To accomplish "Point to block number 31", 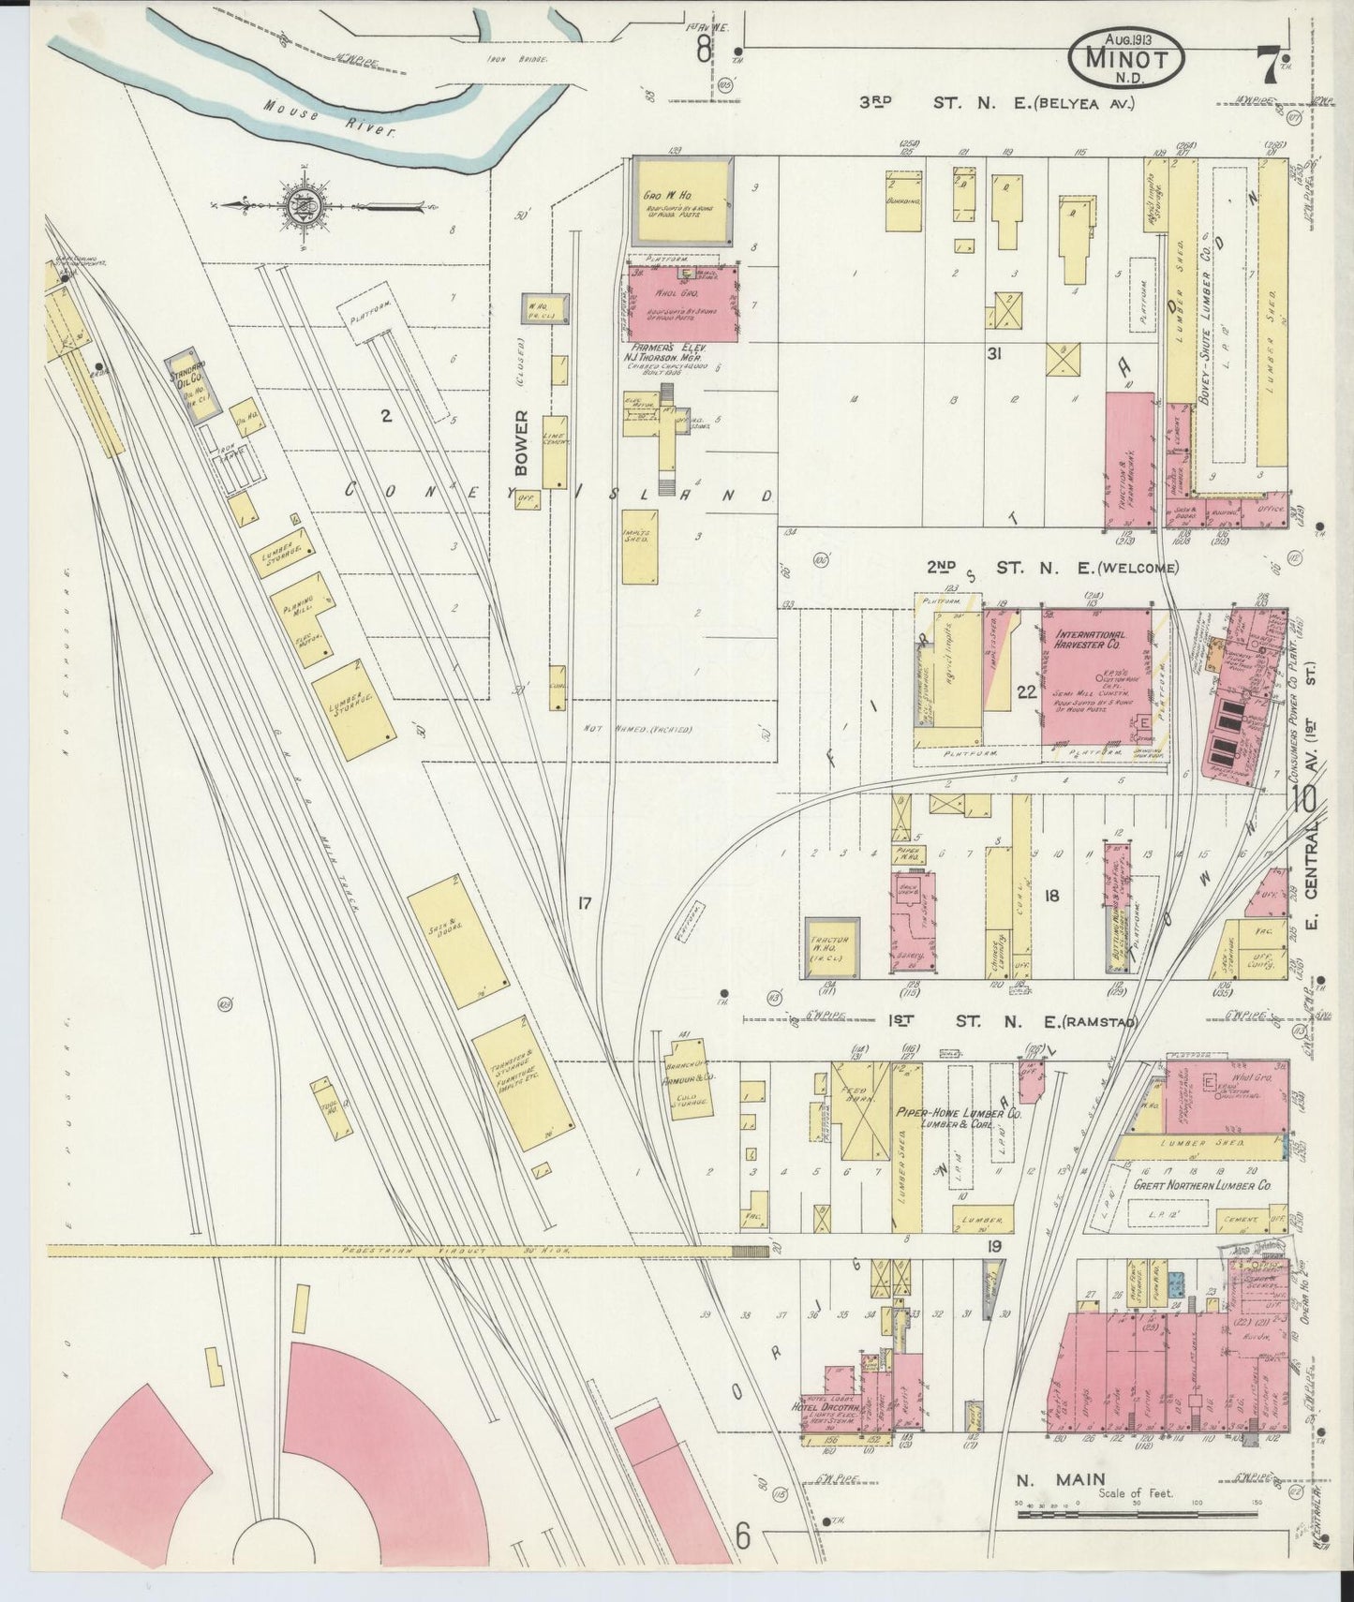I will [995, 354].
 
